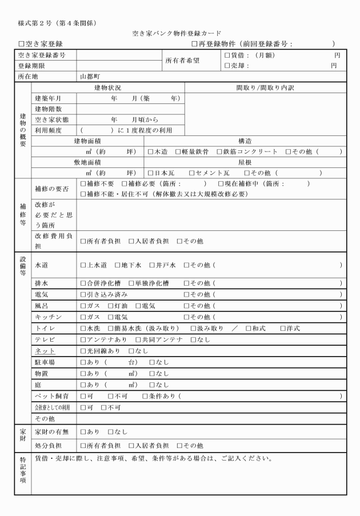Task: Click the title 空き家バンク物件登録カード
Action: click(x=180, y=34)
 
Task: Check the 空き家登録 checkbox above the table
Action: click(x=22, y=44)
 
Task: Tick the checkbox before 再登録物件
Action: click(x=194, y=44)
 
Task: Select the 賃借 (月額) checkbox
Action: click(x=227, y=55)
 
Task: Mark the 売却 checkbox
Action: click(x=227, y=66)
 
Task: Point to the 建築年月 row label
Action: click(x=48, y=98)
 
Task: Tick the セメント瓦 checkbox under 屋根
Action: click(x=191, y=173)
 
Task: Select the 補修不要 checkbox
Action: click(x=83, y=184)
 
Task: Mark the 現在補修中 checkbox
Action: click(x=221, y=184)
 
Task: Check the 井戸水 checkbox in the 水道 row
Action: click(x=152, y=265)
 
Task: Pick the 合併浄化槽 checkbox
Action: click(x=83, y=283)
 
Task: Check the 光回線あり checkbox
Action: click(x=83, y=351)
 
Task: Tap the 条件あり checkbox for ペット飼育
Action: click(x=144, y=395)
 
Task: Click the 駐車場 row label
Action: click(x=45, y=362)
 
